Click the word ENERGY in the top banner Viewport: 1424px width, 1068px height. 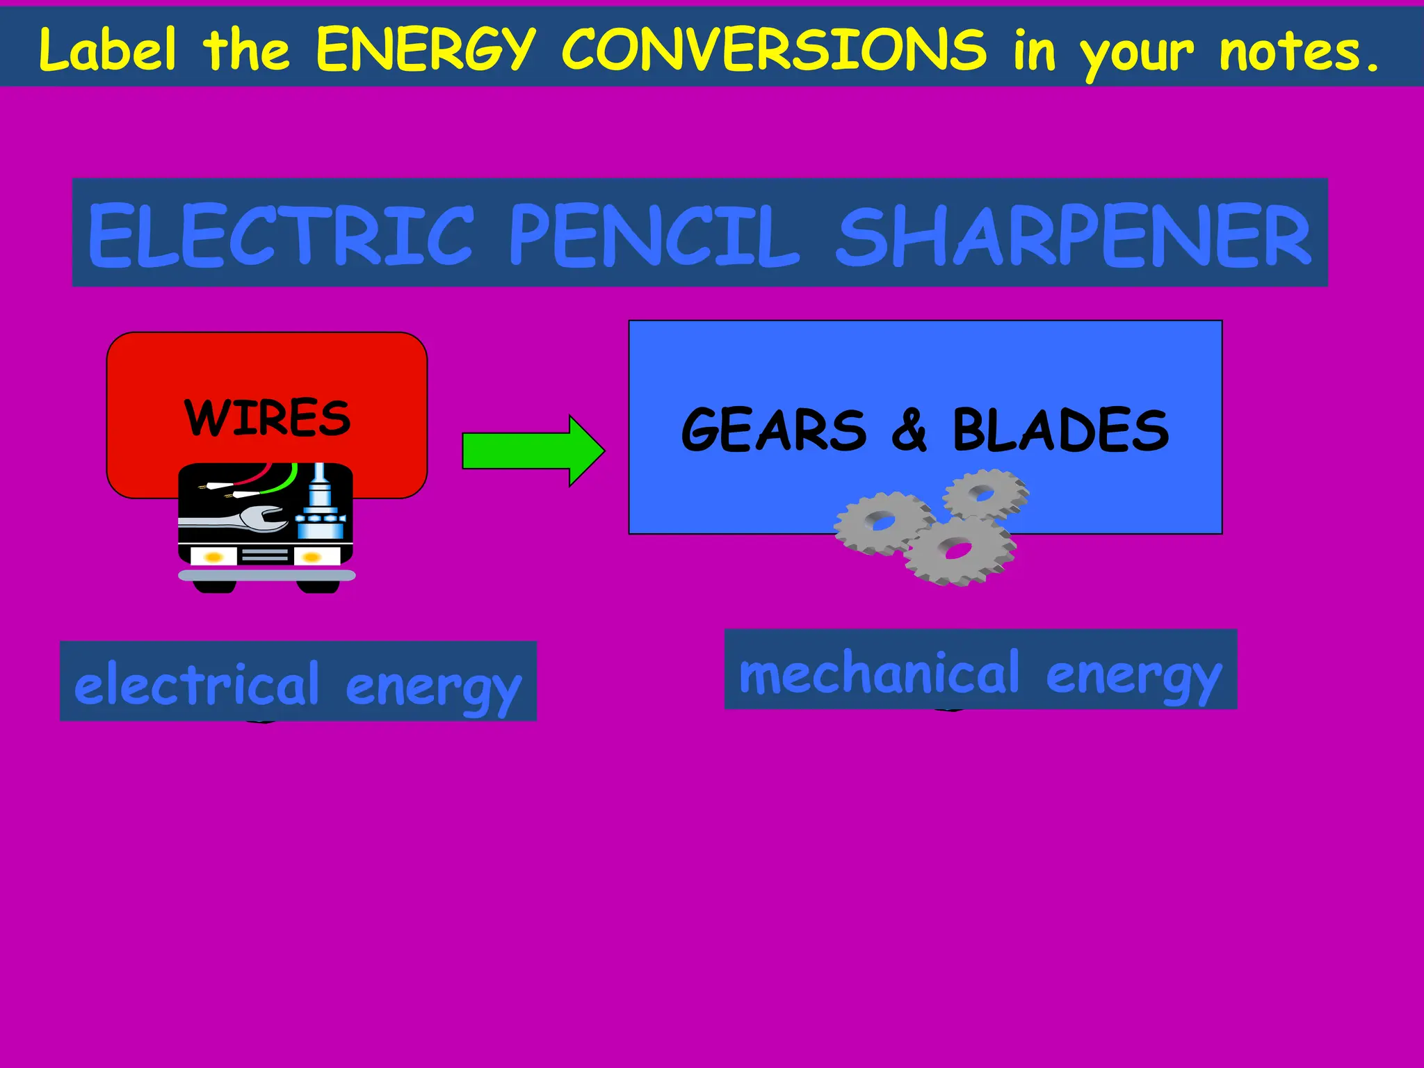tap(426, 50)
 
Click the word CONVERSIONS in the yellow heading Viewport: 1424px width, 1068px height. tap(773, 50)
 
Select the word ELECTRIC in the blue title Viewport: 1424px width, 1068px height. tap(281, 236)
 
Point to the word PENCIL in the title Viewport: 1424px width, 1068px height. tap(654, 236)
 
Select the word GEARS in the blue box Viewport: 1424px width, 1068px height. tap(774, 430)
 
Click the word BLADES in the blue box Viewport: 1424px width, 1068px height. tap(1060, 430)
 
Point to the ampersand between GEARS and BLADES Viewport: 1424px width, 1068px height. tap(909, 430)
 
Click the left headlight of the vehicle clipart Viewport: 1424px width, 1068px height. tap(213, 556)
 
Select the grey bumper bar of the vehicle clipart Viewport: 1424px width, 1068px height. tap(267, 575)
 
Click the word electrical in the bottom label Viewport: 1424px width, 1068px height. tap(196, 684)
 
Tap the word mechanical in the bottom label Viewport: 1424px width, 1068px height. tap(879, 673)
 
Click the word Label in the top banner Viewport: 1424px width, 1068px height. tap(108, 50)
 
